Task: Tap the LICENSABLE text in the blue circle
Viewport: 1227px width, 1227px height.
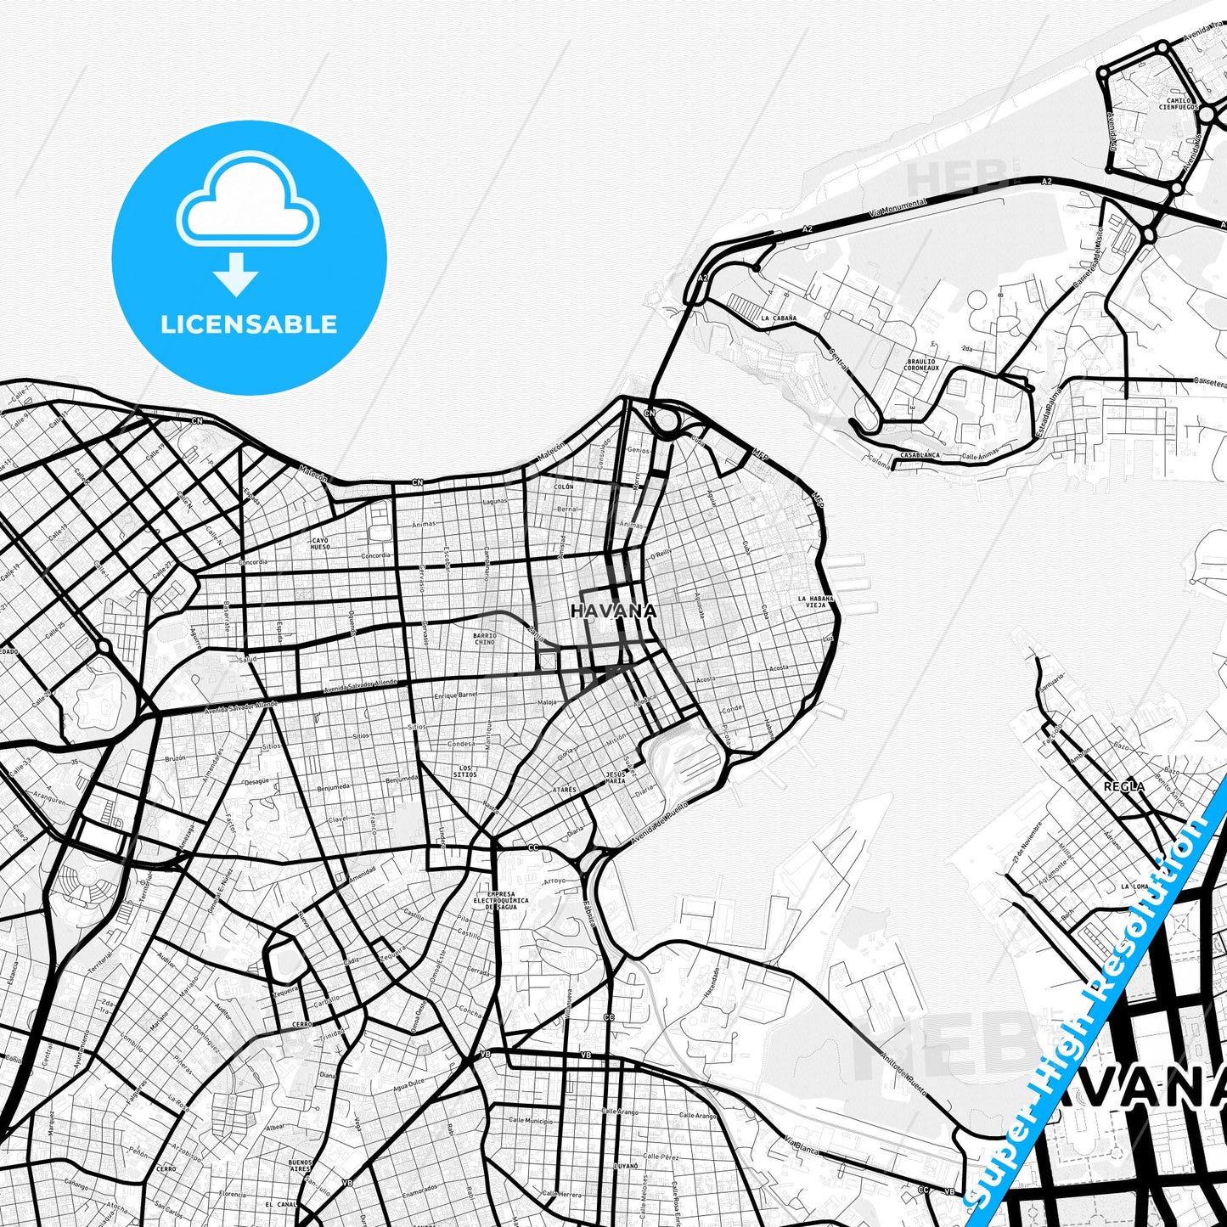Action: (249, 324)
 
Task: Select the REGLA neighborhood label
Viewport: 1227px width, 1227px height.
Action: (1124, 786)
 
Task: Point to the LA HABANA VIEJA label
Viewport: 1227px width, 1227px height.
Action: (816, 601)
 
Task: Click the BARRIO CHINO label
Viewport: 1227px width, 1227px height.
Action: (484, 639)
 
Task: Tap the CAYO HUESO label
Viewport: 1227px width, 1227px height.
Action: (320, 543)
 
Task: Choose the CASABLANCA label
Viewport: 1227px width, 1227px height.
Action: (920, 455)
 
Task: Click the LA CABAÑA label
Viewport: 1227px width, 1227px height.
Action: (779, 318)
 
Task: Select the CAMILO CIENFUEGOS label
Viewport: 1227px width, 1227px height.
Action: (1179, 104)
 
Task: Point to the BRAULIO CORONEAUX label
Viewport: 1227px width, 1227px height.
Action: (921, 365)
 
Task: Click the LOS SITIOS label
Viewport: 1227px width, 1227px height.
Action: (464, 771)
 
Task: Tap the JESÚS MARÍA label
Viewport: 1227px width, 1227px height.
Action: (616, 777)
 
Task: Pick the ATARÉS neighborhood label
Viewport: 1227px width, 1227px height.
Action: (564, 790)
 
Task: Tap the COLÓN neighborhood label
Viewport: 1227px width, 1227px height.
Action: (564, 487)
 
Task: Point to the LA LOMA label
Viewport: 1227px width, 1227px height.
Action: (1134, 886)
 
